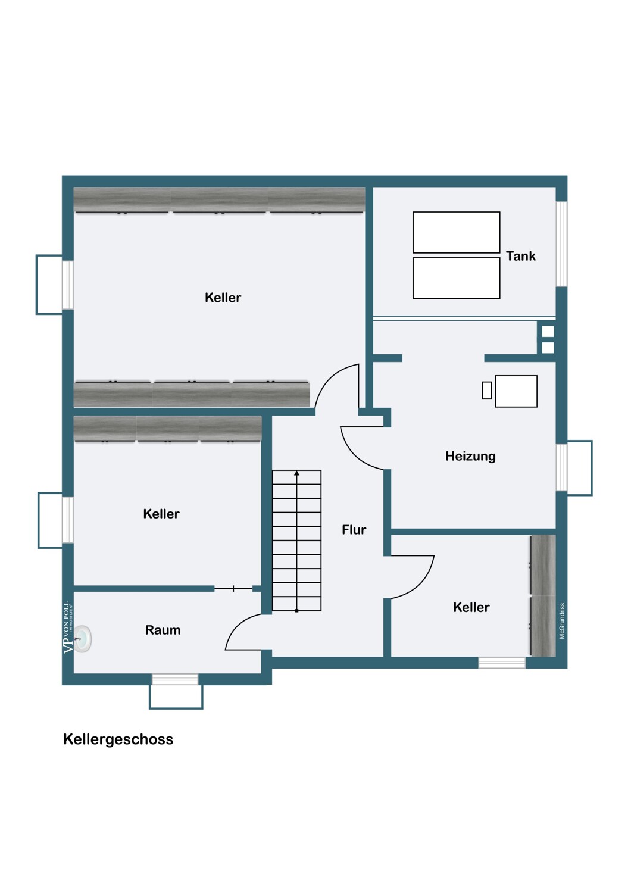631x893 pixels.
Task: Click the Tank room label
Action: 521,256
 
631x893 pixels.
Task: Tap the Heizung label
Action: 470,456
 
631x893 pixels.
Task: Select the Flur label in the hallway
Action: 354,530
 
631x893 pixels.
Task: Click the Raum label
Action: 163,630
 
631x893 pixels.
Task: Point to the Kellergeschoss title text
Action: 118,739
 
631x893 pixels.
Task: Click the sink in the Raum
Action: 83,639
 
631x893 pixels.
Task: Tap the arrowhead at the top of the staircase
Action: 296,473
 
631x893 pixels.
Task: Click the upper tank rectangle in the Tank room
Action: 457,232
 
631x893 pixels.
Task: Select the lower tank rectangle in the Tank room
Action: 457,278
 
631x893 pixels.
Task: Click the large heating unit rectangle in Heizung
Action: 516,391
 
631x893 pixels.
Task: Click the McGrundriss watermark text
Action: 562,621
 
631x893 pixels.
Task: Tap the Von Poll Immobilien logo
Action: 68,627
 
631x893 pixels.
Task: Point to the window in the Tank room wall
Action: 561,244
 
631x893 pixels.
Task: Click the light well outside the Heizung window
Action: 580,468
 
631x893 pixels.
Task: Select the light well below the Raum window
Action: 176,697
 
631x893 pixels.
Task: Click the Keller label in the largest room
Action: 223,298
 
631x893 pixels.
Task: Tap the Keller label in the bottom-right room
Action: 471,607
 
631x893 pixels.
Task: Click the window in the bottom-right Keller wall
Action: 502,663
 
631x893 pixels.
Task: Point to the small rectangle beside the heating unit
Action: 487,391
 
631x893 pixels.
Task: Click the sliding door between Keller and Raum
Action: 233,588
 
